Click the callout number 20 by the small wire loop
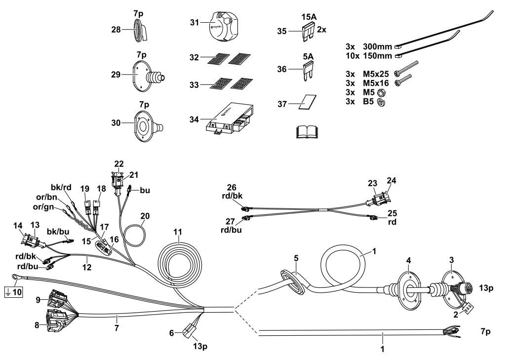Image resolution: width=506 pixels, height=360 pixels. [x=145, y=216]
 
